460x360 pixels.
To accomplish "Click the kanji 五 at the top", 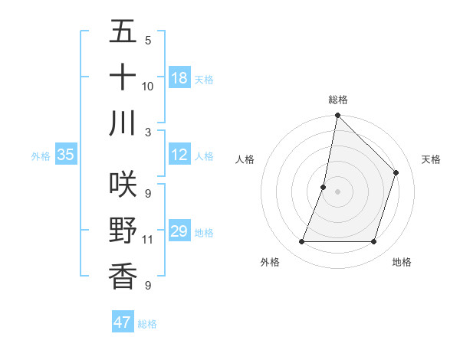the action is click(x=123, y=32).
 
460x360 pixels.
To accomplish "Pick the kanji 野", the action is click(x=123, y=230).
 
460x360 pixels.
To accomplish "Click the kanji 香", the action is click(x=123, y=276).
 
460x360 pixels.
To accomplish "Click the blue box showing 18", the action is click(x=179, y=77).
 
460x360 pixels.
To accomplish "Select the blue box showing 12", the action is click(x=179, y=155).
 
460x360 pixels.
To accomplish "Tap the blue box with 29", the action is click(x=179, y=231).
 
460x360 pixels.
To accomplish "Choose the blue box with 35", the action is click(x=66, y=155).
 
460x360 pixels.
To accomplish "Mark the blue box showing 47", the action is click(x=123, y=322).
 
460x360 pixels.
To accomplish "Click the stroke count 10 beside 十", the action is click(x=148, y=86).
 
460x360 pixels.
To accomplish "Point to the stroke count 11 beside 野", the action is click(x=148, y=240).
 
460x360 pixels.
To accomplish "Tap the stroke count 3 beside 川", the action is click(x=148, y=132).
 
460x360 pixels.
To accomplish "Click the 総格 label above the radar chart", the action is click(x=338, y=100).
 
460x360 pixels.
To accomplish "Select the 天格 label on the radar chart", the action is click(x=431, y=159).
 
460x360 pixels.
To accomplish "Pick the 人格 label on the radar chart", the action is click(x=245, y=159).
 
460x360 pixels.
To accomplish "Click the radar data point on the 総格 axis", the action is click(x=337, y=116).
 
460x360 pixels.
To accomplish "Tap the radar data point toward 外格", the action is click(x=301, y=242).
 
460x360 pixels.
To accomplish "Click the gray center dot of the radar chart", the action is click(x=337, y=191).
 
